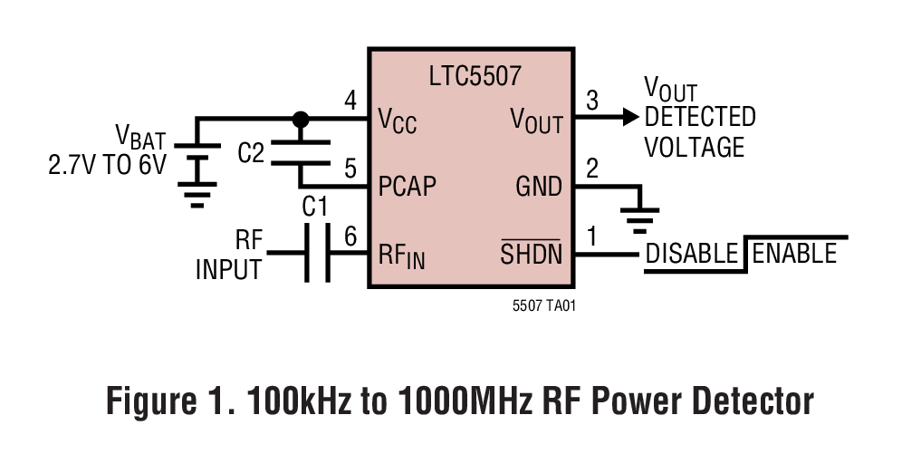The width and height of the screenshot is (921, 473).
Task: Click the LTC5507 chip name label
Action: point(475,76)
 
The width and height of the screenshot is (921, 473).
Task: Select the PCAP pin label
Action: point(406,187)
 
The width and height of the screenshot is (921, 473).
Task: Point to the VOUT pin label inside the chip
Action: point(536,120)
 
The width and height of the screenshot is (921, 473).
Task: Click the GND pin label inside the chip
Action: point(539,187)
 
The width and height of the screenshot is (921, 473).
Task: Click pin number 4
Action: point(351,101)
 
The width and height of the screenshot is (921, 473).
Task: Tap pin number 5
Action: point(351,169)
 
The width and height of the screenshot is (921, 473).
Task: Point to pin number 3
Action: point(592,101)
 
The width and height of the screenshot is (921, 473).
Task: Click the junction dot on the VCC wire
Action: point(301,119)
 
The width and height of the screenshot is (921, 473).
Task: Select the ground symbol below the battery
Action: point(197,193)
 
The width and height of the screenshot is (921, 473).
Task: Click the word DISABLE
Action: point(692,255)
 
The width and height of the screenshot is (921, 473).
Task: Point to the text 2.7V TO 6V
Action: point(107,167)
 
